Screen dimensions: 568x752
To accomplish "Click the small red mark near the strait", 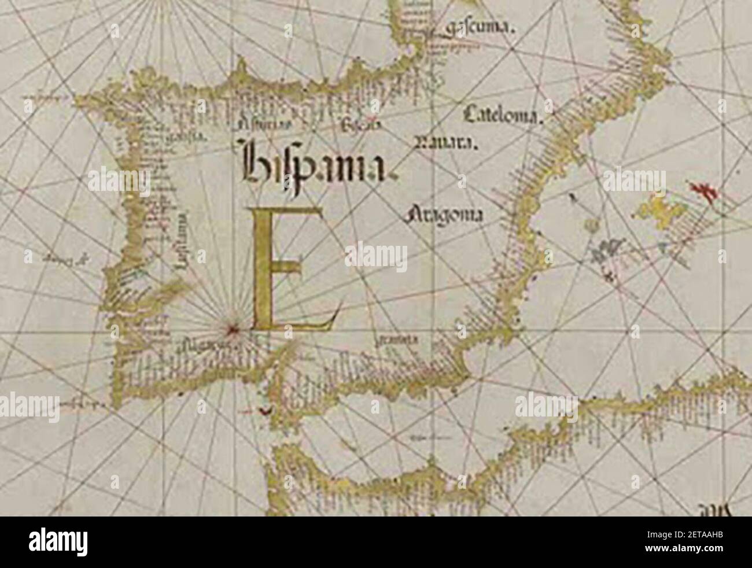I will (263, 411).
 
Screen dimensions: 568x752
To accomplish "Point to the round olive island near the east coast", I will (589, 224).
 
